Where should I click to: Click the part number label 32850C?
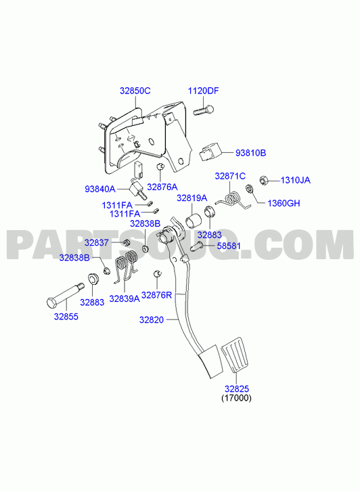point(135,91)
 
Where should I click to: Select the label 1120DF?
point(203,91)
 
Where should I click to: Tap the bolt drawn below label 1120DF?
point(204,110)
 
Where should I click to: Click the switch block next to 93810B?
point(210,152)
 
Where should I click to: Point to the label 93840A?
point(100,189)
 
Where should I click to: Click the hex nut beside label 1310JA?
point(263,181)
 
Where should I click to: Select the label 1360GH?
point(284,203)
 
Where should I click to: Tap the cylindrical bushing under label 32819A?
point(192,221)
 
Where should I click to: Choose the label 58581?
point(229,246)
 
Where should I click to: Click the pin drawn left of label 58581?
point(198,246)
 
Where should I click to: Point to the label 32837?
point(96,242)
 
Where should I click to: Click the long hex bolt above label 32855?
point(65,295)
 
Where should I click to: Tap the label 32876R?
point(156,295)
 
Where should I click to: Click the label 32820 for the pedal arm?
point(152,319)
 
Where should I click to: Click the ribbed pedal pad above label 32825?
point(235,355)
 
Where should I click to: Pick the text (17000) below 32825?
point(236,398)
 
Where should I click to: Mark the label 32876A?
point(162,187)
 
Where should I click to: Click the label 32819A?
point(192,198)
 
